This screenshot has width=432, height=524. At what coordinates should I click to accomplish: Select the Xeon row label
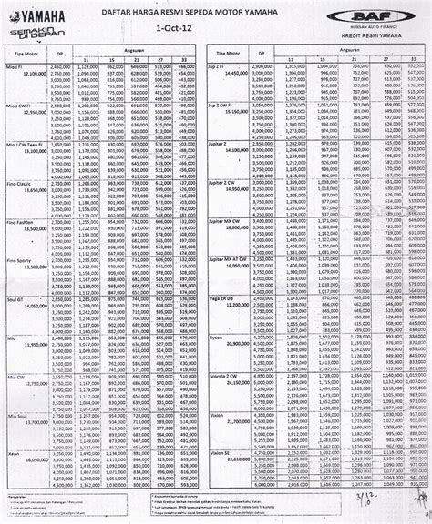click(11, 430)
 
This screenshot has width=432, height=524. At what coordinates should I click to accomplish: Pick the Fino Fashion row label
click(21, 221)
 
